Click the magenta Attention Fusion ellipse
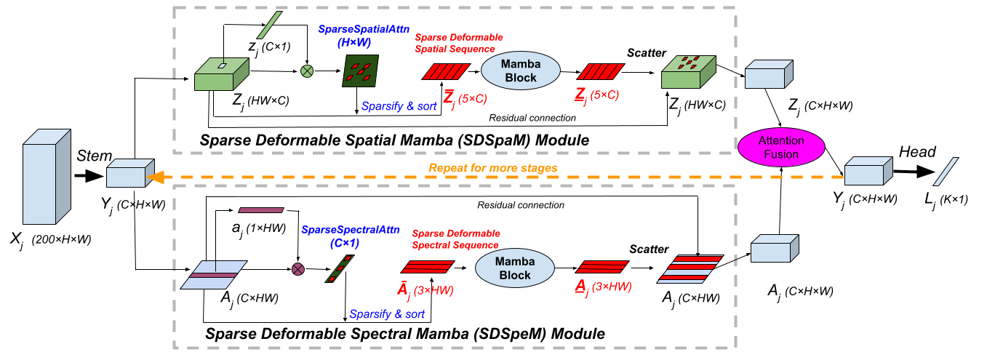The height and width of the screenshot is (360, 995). coord(781,148)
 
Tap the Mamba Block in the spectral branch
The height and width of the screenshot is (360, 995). coord(514,268)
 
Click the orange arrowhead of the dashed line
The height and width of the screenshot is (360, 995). coord(153,177)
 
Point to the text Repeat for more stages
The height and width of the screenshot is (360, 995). coord(492,168)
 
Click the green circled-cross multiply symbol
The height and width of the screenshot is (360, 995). coord(307,71)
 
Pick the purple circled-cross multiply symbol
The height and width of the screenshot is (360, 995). coord(297,269)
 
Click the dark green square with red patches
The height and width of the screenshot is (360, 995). coord(361,71)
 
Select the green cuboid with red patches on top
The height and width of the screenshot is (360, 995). coord(687,72)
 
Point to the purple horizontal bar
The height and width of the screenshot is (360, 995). coord(260,210)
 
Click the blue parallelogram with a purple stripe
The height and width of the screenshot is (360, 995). coord(213,275)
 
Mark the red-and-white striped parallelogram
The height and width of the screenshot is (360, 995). coord(690,268)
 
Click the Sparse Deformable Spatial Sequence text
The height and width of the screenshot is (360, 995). coord(458,43)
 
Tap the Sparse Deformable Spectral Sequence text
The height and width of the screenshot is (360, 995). coord(456,239)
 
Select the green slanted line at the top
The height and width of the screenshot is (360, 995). coord(269,25)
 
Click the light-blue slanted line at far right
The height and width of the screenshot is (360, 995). coord(946,172)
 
